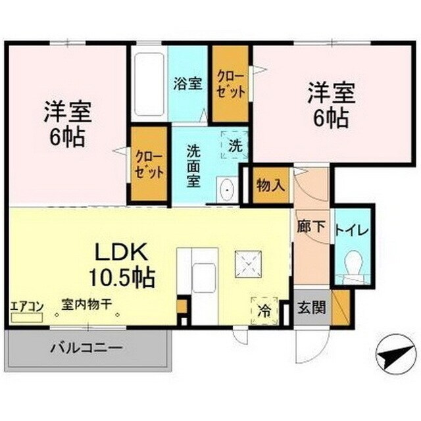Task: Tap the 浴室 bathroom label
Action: tap(187, 84)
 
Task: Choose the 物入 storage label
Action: tap(270, 184)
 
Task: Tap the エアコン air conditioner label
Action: tap(27, 306)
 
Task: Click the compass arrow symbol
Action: tap(389, 359)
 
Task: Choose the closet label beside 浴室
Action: tap(230, 84)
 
